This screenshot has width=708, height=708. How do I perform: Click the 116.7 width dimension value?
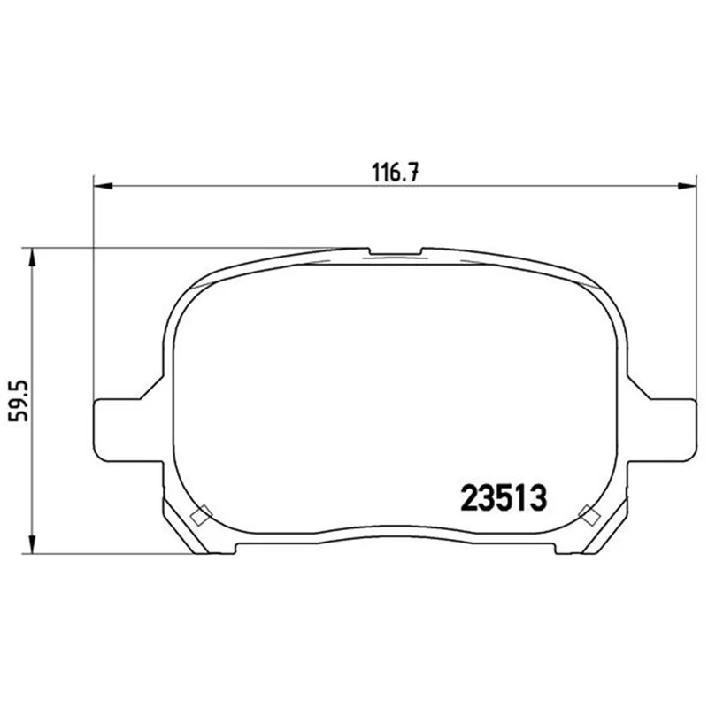[395, 172]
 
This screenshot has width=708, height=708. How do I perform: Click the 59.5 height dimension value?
[19, 401]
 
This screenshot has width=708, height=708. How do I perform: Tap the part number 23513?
[504, 497]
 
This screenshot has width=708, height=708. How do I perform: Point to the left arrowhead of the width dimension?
[103, 185]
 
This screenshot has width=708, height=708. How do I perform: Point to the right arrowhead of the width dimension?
[687, 185]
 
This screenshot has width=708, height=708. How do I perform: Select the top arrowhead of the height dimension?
[32, 258]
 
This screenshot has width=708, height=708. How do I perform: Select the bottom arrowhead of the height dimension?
[32, 544]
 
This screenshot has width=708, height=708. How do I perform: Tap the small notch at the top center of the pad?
[396, 251]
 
